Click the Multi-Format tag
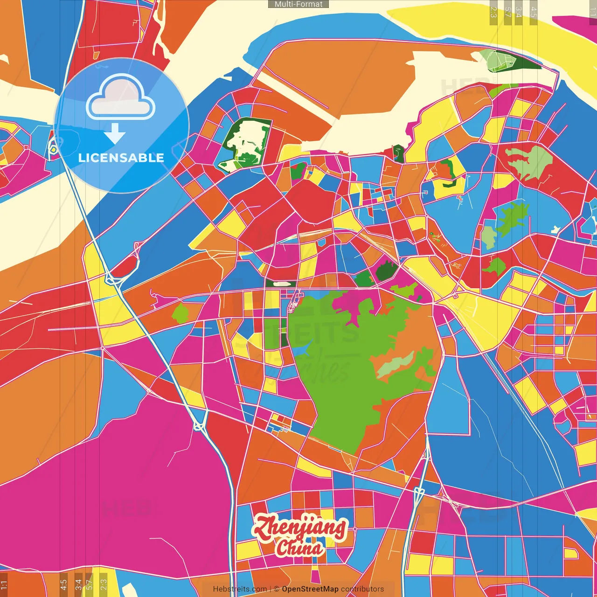[x=298, y=4]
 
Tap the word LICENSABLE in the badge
[x=121, y=158]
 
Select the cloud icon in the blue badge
[x=120, y=97]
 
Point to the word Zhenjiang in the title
[x=300, y=528]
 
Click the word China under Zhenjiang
[x=299, y=548]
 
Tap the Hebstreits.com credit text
[x=240, y=589]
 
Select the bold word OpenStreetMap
[x=310, y=589]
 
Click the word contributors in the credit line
[x=362, y=589]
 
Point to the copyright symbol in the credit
[x=277, y=589]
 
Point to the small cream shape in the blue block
[x=555, y=229]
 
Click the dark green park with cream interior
[x=245, y=142]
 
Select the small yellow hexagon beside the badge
[x=54, y=150]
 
